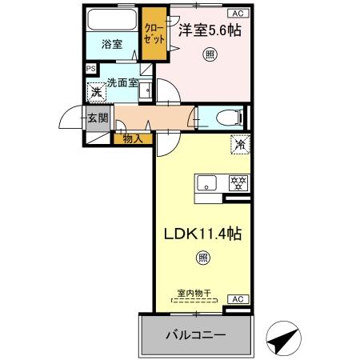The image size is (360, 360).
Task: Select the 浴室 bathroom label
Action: point(112,44)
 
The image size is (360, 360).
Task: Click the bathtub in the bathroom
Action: point(112,19)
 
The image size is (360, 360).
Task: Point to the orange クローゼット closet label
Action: point(152,34)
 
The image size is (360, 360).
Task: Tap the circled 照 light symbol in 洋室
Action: point(209,55)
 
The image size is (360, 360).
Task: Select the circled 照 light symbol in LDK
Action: point(202,258)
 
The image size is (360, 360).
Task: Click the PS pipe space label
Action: point(90,70)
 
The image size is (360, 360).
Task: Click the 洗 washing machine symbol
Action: point(97,92)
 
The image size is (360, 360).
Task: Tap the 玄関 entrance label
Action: point(98,118)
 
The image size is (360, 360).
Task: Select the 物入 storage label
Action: point(133,139)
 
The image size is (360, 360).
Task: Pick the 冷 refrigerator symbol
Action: point(238,145)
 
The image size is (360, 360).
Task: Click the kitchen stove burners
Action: point(237,183)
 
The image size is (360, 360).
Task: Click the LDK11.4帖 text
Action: point(203,236)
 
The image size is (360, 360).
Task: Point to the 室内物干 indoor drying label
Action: point(194,294)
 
